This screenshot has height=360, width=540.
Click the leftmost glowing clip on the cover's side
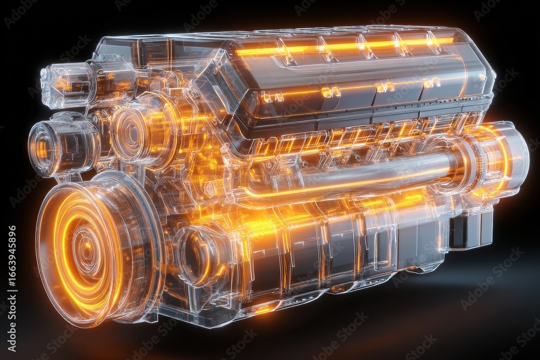[272, 97]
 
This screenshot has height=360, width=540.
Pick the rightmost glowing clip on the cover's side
[431, 83]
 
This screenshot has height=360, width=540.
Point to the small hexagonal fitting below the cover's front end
[208, 189]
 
